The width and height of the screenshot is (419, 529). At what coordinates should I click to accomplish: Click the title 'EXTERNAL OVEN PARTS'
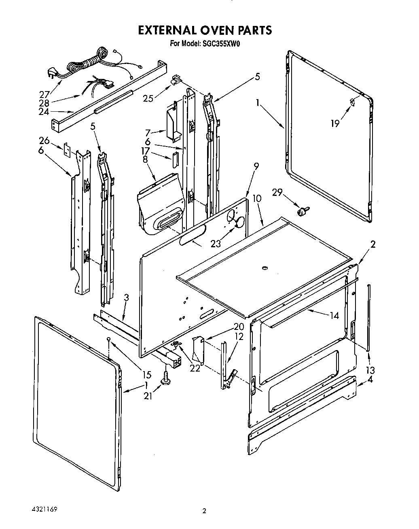pyautogui.click(x=205, y=30)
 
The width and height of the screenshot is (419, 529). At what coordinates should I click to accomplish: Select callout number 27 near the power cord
pyautogui.click(x=44, y=93)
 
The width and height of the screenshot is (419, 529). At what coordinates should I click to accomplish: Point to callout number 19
pyautogui.click(x=335, y=123)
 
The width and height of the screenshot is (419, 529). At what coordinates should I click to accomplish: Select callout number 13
pyautogui.click(x=370, y=370)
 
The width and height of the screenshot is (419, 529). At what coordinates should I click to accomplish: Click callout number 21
pyautogui.click(x=148, y=396)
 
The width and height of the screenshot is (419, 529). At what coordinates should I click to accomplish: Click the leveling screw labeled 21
pyautogui.click(x=166, y=379)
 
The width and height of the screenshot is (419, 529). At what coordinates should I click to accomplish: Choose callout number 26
pyautogui.click(x=44, y=140)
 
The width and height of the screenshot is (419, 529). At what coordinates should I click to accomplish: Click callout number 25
pyautogui.click(x=149, y=98)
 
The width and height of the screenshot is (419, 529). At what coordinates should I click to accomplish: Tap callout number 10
pyautogui.click(x=257, y=199)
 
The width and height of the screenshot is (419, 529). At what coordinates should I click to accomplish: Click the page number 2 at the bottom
pyautogui.click(x=205, y=511)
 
